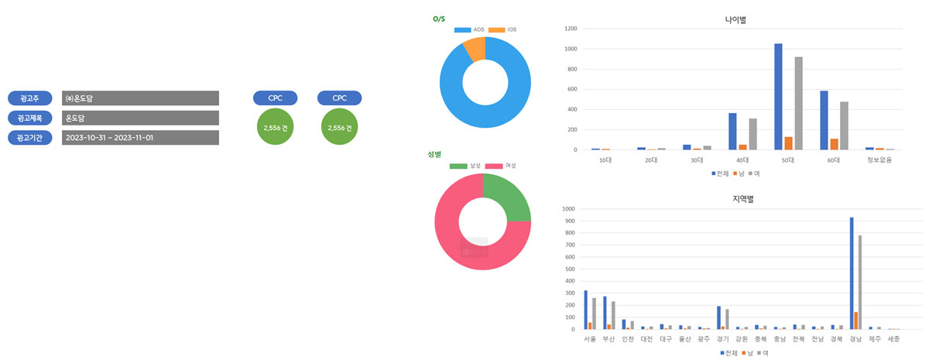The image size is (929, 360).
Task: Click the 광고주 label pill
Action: (29, 98)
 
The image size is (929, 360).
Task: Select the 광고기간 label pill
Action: (29, 138)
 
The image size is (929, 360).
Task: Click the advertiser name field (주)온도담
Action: (140, 98)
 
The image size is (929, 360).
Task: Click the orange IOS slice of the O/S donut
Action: (474, 49)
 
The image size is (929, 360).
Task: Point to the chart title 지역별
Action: (742, 199)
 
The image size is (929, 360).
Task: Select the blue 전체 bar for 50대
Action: (778, 97)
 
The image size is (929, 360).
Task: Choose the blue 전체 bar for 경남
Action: (851, 273)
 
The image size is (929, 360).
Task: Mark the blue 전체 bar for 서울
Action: (585, 310)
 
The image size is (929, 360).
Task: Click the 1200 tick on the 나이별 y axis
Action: (571, 29)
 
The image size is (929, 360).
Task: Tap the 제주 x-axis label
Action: (874, 339)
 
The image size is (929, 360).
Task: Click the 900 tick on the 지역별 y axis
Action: (570, 221)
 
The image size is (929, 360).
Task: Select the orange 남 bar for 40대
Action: (742, 147)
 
